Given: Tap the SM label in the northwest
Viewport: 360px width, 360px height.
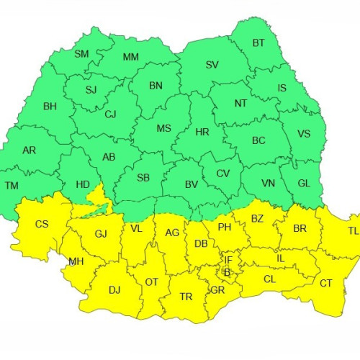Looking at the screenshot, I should tap(81, 54).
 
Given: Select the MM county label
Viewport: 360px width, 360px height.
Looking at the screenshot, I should tap(131, 57).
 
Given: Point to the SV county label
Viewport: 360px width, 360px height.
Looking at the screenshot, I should tap(212, 65).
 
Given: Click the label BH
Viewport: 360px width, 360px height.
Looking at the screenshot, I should tap(50, 107).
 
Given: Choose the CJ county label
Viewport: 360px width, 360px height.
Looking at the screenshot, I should tap(110, 114).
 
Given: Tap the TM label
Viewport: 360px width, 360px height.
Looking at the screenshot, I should tap(12, 186).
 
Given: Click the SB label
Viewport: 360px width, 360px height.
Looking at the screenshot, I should tap(143, 178).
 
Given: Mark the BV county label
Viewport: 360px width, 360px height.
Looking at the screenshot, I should tap(192, 185).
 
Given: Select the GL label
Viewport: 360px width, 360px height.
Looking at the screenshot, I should tap(304, 183).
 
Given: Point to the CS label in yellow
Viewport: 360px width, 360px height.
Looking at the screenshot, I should tap(42, 224).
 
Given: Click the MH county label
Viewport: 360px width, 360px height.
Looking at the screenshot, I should tap(75, 261).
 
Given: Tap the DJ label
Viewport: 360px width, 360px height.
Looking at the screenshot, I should tap(114, 290).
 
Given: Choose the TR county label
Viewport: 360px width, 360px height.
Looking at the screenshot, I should tap(186, 296).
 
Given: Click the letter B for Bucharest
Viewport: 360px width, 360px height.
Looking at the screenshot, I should tap(227, 272).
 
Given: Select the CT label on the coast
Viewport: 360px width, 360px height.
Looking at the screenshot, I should tap(325, 283).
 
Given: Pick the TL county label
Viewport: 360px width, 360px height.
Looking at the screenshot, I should tap(352, 231).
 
